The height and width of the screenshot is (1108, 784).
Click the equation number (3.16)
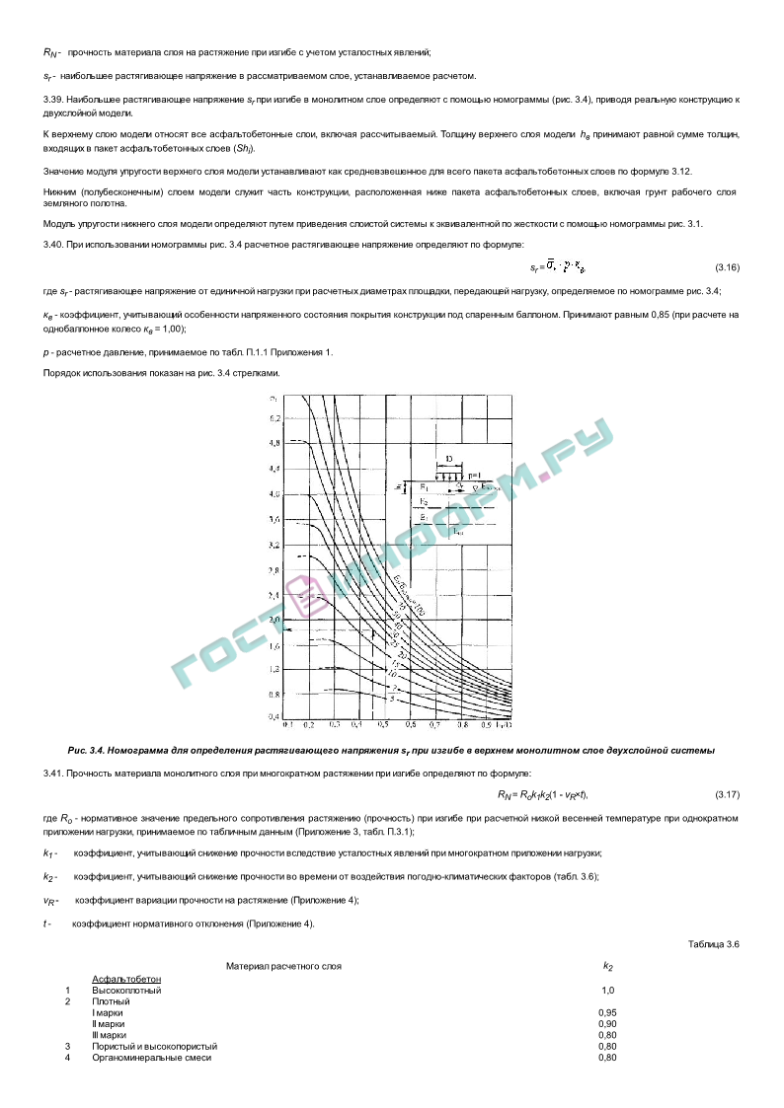click(x=727, y=267)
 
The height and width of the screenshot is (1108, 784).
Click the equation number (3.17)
click(x=727, y=795)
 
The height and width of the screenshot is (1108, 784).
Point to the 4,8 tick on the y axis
click(x=274, y=443)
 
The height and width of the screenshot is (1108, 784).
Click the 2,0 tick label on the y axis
click(x=274, y=620)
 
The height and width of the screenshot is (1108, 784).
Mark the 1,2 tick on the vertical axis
click(x=274, y=670)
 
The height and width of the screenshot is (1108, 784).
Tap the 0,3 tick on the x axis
click(x=333, y=724)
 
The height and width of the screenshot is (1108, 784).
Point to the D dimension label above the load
click(x=449, y=460)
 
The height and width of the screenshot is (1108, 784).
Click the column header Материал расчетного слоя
click(x=283, y=966)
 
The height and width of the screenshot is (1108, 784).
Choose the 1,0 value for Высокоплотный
click(x=607, y=990)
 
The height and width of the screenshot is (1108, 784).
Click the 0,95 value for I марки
click(x=607, y=1012)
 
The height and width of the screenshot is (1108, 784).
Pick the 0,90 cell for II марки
click(x=607, y=1024)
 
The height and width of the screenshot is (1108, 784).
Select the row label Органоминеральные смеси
click(x=152, y=1058)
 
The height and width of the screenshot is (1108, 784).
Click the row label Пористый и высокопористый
click(x=155, y=1046)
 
